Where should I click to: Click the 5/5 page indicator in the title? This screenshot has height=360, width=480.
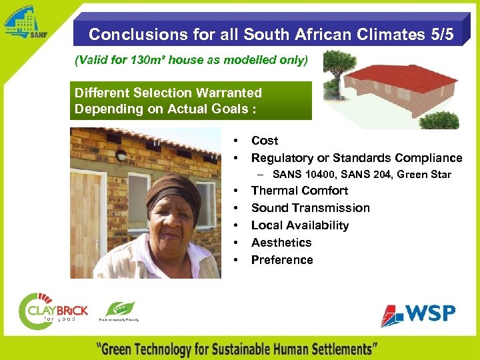tap(439, 34)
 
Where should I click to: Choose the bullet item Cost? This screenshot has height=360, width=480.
tap(265, 141)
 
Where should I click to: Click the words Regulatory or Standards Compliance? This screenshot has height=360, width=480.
tap(356, 158)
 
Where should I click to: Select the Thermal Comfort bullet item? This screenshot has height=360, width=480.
tap(299, 191)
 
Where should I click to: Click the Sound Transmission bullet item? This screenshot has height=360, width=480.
tap(310, 208)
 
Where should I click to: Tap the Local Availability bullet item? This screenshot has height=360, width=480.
tap(299, 225)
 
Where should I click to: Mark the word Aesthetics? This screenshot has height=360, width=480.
tap(281, 243)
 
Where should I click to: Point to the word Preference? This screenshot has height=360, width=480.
tap(281, 260)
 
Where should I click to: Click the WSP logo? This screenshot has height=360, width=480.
tap(418, 314)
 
